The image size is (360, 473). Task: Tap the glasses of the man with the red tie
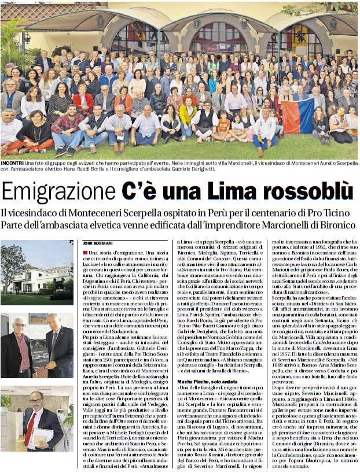point(35,400)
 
